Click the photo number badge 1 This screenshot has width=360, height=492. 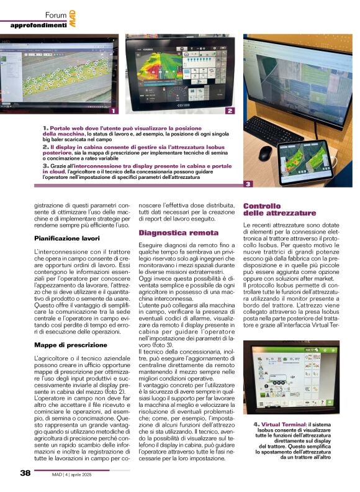coord(112,111)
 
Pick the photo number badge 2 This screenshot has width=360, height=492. coord(230,111)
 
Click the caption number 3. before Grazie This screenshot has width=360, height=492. coord(46,166)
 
